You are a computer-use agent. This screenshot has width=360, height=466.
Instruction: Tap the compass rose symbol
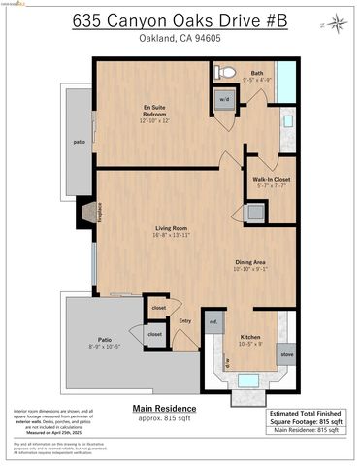click(x=336, y=21)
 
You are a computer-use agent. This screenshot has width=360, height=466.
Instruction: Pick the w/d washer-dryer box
click(x=223, y=99)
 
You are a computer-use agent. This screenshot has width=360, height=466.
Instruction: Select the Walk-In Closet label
click(x=270, y=183)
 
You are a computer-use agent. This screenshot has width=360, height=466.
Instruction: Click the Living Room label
click(x=170, y=232)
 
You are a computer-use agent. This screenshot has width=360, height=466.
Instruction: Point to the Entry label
click(x=184, y=321)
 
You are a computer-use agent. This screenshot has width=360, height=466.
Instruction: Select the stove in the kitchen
click(x=286, y=354)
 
